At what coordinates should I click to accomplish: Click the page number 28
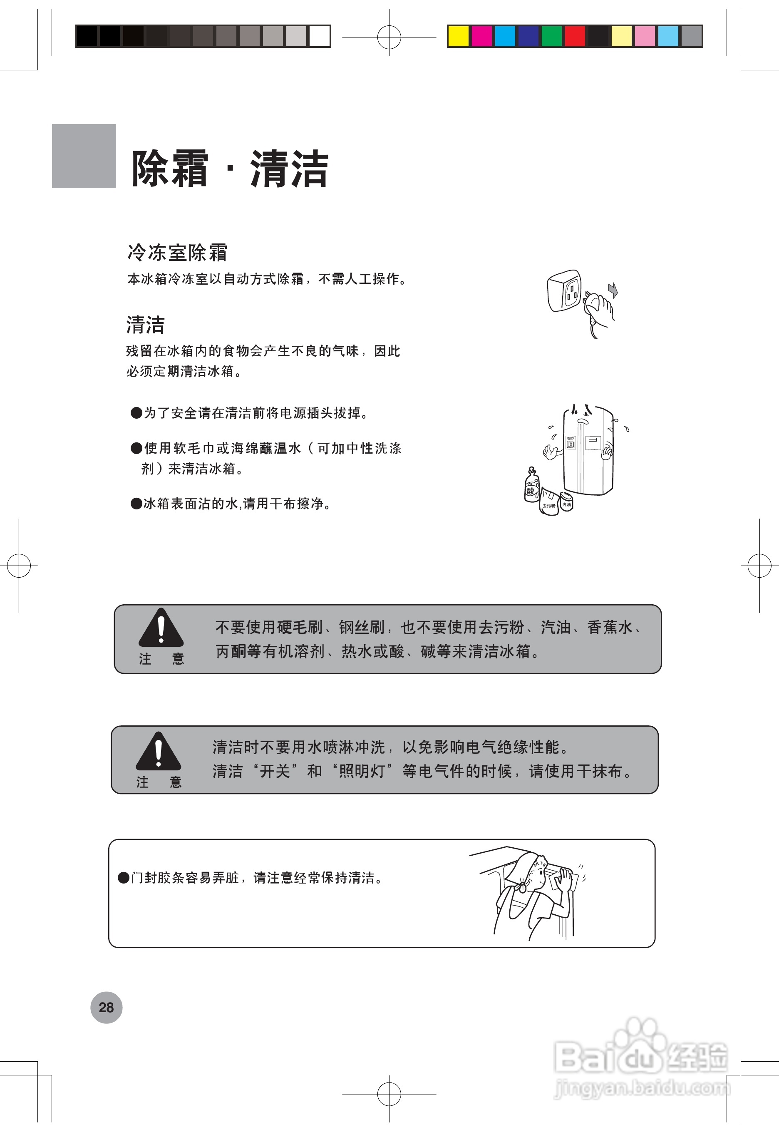(106, 1007)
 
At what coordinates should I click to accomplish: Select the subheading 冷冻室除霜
(177, 252)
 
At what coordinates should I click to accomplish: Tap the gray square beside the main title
(84, 156)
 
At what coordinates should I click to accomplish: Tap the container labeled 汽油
(566, 504)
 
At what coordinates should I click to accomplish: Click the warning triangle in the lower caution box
(158, 751)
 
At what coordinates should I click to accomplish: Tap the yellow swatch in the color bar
(458, 36)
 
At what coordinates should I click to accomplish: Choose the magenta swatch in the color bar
(482, 36)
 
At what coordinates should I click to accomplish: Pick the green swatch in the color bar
(551, 36)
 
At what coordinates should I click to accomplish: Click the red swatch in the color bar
(575, 36)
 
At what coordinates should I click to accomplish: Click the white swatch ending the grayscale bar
(319, 36)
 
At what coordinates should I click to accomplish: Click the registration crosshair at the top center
(389, 37)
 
